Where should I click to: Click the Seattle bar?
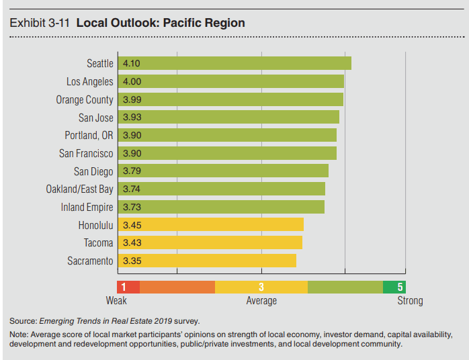[234, 64]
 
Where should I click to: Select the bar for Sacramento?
[207, 261]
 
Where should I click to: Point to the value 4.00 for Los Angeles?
[132, 81]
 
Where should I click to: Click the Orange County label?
[85, 99]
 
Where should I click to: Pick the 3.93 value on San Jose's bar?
[132, 118]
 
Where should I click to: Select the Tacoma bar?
[210, 242]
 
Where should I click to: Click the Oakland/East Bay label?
[79, 189]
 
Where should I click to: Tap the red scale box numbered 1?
[128, 287]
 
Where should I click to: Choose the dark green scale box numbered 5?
[394, 287]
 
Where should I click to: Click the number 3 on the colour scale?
[261, 287]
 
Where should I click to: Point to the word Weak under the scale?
[116, 300]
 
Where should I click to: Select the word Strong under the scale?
[410, 300]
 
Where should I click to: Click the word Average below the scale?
[261, 300]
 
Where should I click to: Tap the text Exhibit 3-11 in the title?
[40, 23]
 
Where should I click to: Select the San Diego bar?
[223, 171]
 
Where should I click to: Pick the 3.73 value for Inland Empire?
[132, 207]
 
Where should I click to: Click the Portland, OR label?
[89, 135]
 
